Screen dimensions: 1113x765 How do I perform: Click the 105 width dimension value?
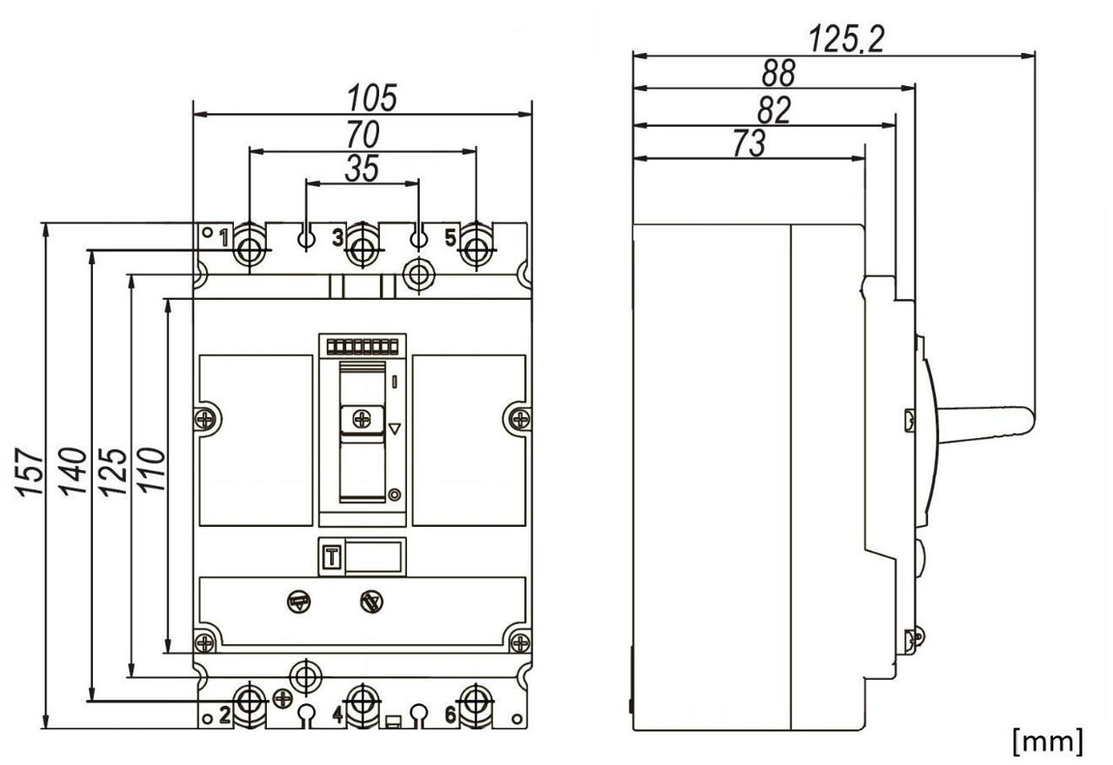point(372,98)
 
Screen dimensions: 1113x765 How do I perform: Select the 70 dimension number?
point(363,134)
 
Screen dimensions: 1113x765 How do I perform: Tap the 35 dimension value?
point(363,168)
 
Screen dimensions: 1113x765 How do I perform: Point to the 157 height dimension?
point(30,472)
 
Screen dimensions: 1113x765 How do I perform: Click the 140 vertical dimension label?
point(72,471)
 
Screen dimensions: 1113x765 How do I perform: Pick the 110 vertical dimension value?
point(150,470)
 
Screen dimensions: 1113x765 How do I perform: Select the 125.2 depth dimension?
point(847,39)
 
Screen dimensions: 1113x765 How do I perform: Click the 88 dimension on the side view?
point(778,72)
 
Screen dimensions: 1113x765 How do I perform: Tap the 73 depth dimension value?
point(750,143)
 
